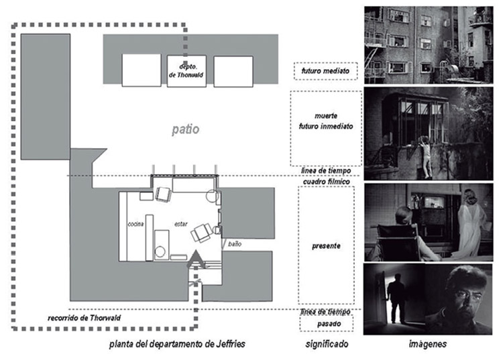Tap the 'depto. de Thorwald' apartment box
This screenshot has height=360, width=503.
pos(186,69)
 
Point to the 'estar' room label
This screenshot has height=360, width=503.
pos(181,223)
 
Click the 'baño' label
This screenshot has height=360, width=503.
pos(235,245)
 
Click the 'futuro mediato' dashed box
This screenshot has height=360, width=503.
pos(325,70)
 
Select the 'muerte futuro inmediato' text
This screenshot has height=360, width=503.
pos(325,120)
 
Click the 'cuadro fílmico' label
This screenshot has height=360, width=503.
pos(327,180)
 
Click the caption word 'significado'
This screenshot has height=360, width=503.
pos(327,345)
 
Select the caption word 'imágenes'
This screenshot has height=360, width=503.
pos(428,345)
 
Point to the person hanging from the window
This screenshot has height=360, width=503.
pos(427,154)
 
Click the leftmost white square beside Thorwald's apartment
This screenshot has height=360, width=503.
pos(142,70)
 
